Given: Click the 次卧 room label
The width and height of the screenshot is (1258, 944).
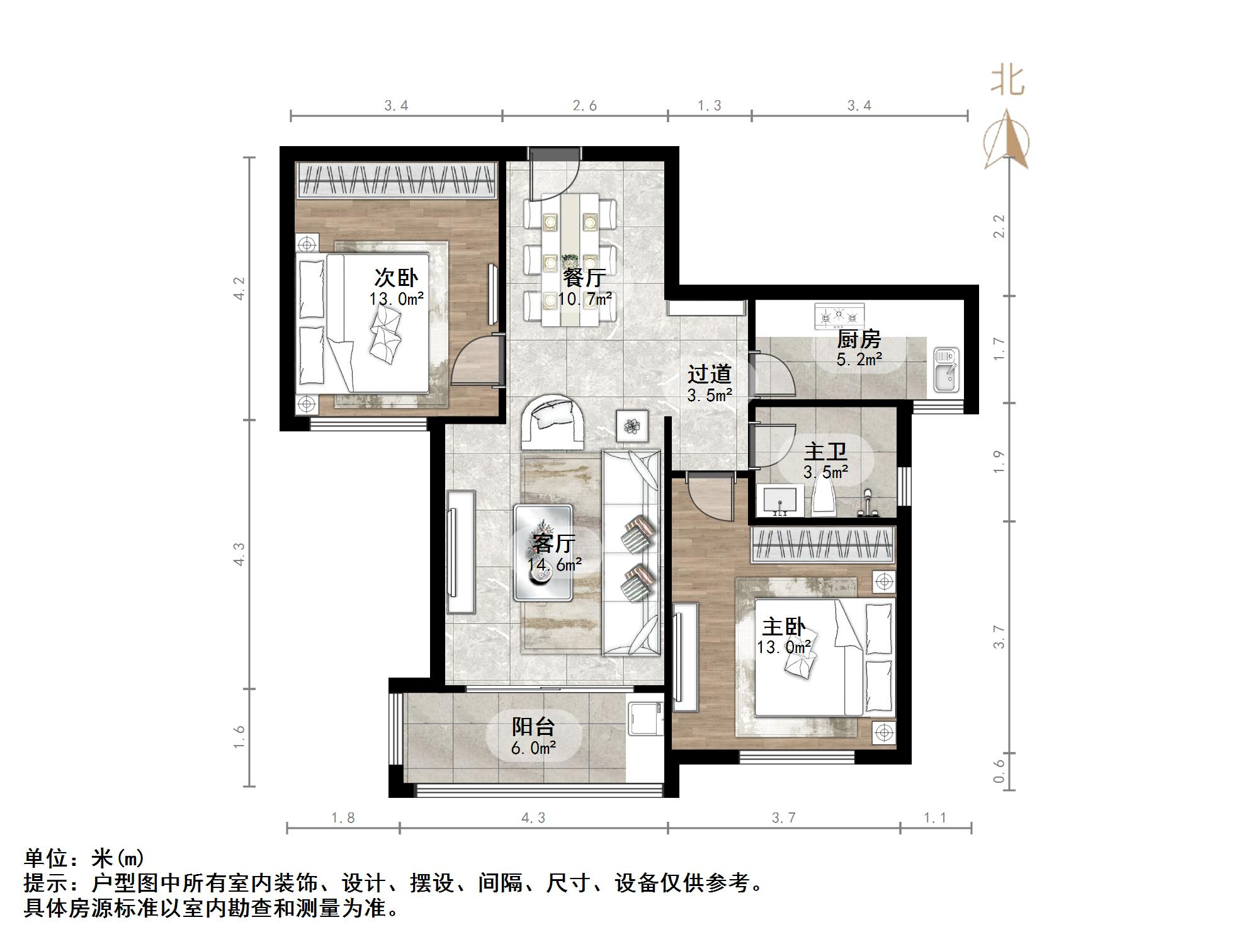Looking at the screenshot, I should click(396, 278).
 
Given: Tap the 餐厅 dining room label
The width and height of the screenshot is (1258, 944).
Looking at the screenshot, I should click(585, 278).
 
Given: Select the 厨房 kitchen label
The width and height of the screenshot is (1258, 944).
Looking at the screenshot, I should click(858, 339).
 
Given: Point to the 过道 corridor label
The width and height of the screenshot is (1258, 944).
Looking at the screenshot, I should click(709, 374).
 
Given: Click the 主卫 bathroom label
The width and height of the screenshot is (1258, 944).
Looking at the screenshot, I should click(825, 452).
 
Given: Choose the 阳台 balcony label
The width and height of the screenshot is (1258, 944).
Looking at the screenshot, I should click(533, 727).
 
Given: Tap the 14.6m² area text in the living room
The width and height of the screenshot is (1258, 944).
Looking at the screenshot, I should click(554, 564).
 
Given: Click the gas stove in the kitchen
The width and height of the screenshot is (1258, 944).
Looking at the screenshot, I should click(840, 316).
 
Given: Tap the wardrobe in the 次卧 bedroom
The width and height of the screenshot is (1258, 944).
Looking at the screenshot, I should click(397, 181).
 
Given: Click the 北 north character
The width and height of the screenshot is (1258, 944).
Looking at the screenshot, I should click(1007, 82).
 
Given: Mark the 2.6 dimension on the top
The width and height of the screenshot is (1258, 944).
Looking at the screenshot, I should click(584, 105).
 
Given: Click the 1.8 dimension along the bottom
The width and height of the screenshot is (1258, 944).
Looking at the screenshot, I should click(343, 817).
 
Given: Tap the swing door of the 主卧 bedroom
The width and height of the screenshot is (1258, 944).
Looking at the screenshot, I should click(711, 498).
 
